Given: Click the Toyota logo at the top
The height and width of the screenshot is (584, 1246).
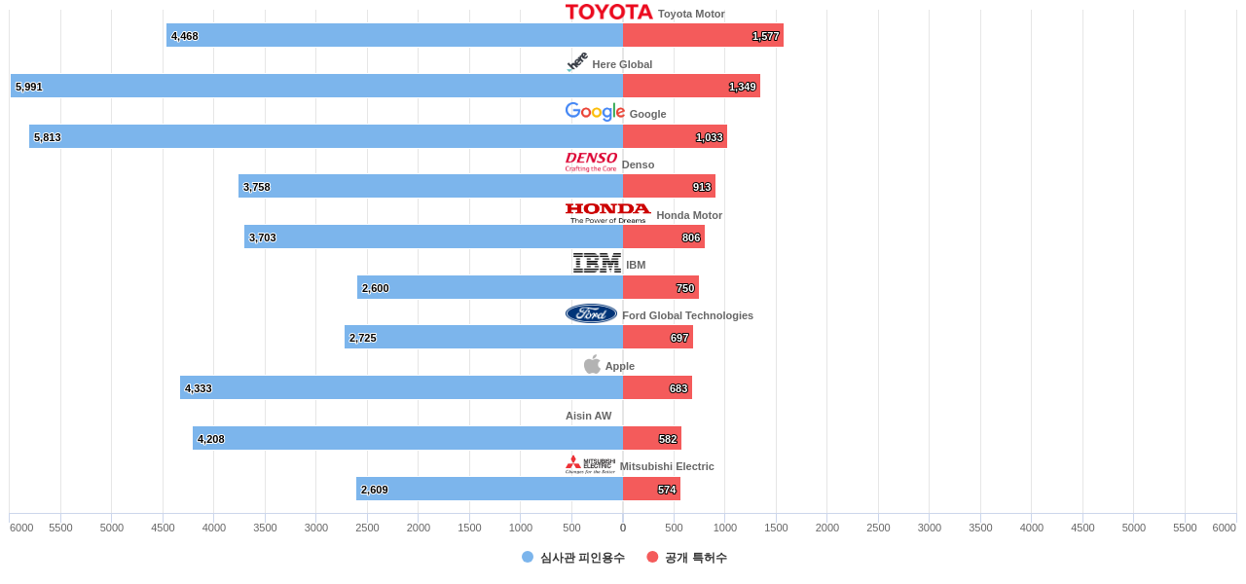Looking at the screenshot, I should [x=608, y=12].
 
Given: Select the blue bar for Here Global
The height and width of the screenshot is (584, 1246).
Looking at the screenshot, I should [x=316, y=86].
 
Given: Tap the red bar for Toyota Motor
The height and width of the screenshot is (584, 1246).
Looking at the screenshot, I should [x=703, y=35].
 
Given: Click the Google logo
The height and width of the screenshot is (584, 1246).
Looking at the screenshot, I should [x=595, y=112].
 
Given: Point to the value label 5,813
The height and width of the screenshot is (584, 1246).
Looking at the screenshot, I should [x=48, y=137].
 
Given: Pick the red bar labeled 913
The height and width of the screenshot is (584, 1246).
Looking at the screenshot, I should [x=669, y=186].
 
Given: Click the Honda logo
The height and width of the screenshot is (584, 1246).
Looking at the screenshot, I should [x=607, y=213].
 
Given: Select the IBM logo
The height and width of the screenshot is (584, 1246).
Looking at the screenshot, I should [x=597, y=263].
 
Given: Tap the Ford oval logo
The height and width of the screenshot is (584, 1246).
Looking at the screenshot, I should [x=591, y=313].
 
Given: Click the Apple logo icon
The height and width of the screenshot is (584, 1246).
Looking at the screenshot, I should [x=592, y=365].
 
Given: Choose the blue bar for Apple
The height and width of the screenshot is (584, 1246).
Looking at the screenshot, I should [x=401, y=387].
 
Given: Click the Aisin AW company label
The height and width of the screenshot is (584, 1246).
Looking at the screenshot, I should [x=589, y=416].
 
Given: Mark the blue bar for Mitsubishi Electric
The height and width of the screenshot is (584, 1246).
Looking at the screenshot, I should [x=489, y=489].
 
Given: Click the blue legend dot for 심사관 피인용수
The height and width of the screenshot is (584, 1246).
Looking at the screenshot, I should [x=528, y=557].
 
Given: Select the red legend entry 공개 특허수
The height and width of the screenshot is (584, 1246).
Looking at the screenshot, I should [x=695, y=558].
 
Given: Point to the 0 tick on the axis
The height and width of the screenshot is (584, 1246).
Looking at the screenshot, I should [x=623, y=528].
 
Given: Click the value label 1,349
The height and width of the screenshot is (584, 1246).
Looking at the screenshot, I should [x=742, y=87].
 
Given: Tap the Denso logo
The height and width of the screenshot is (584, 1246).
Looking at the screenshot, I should [x=591, y=162].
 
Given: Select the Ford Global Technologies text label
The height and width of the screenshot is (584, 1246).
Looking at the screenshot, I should [x=687, y=315].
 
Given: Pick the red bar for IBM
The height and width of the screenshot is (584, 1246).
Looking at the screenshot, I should [x=660, y=287].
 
